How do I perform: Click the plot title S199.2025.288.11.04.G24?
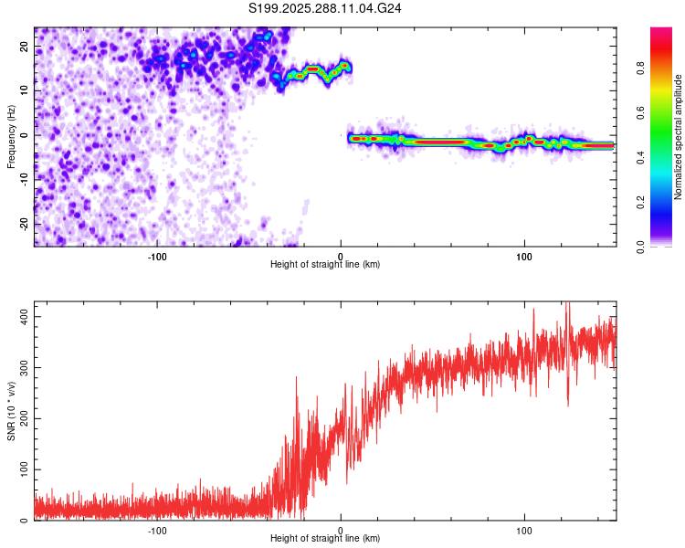(x=326, y=8)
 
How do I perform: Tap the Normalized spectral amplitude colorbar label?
(x=679, y=138)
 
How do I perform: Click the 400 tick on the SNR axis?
(x=21, y=316)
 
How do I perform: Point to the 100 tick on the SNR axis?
(x=21, y=469)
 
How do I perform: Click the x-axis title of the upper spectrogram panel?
(x=325, y=264)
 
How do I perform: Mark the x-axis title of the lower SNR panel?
(x=325, y=538)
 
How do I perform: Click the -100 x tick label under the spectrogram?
(x=156, y=256)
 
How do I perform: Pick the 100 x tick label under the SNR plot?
(x=524, y=530)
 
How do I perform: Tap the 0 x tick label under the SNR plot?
(x=341, y=530)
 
